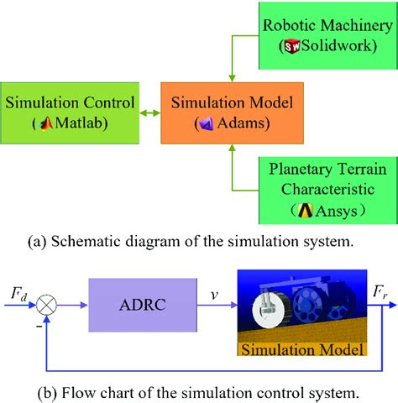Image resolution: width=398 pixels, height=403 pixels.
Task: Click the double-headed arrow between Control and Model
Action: pyautogui.click(x=149, y=113)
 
